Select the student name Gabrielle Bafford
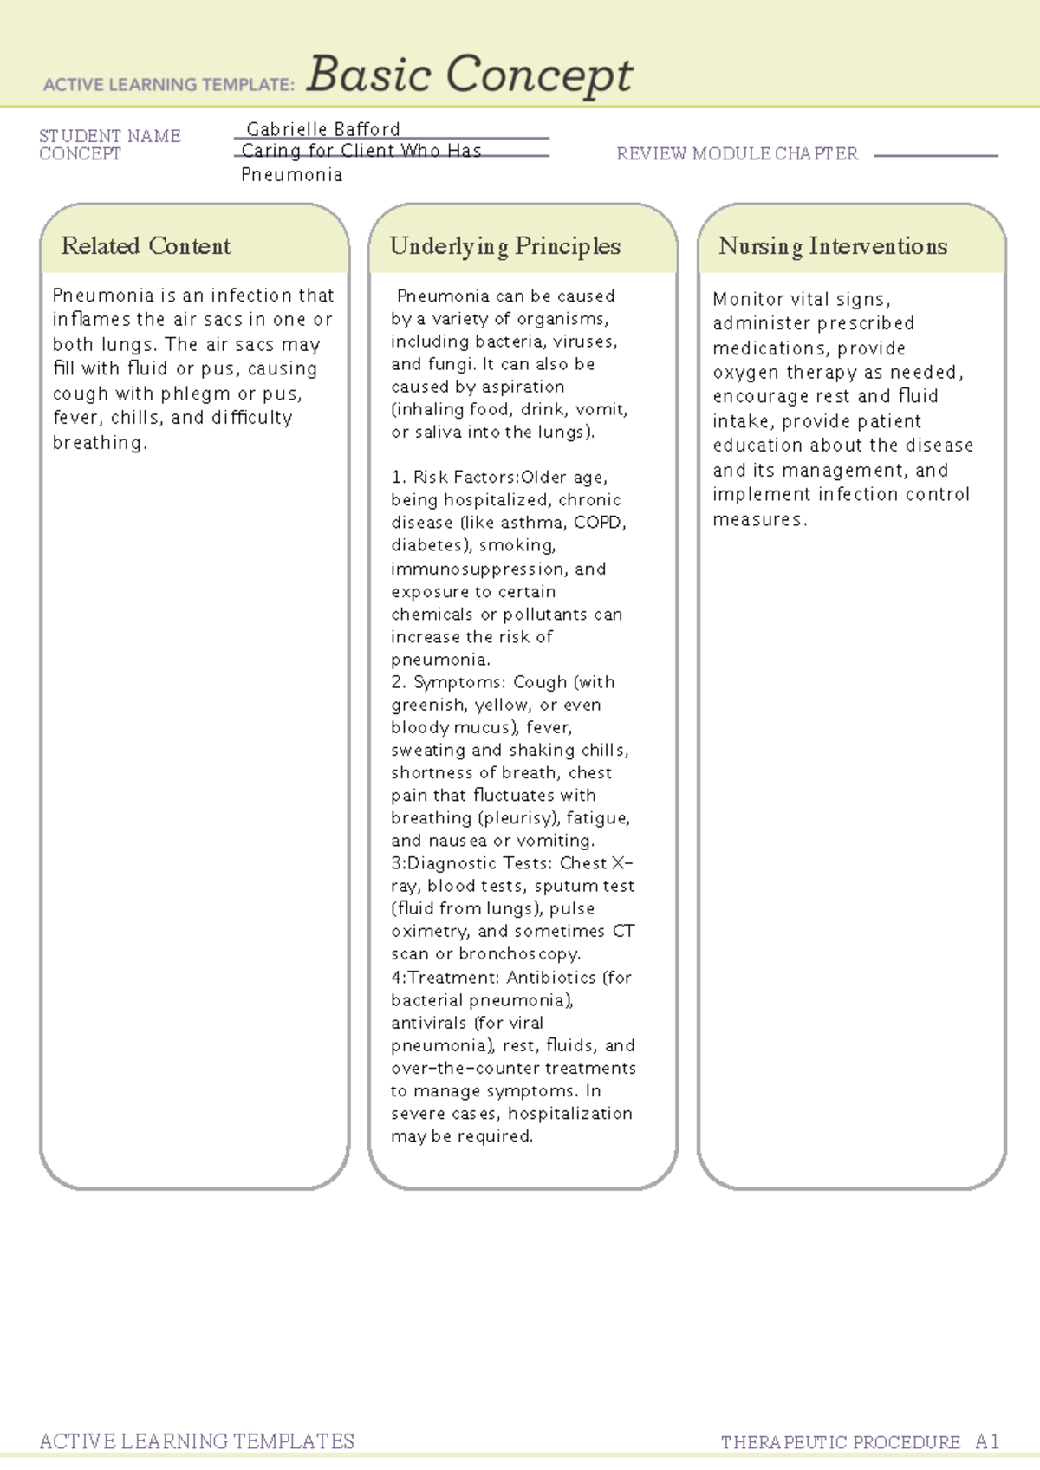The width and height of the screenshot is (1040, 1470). [322, 129]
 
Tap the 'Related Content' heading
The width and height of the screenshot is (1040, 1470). [146, 246]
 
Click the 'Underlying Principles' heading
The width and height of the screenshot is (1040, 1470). [504, 246]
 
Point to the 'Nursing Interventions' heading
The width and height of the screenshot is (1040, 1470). [832, 246]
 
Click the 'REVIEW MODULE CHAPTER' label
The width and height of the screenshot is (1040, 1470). [737, 153]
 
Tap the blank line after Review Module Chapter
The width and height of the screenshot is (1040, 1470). [936, 155]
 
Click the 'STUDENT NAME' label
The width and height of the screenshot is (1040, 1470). [110, 136]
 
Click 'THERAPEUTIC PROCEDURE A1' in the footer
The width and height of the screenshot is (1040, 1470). [860, 1442]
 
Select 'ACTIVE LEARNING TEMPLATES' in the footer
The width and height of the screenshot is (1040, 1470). [197, 1441]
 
